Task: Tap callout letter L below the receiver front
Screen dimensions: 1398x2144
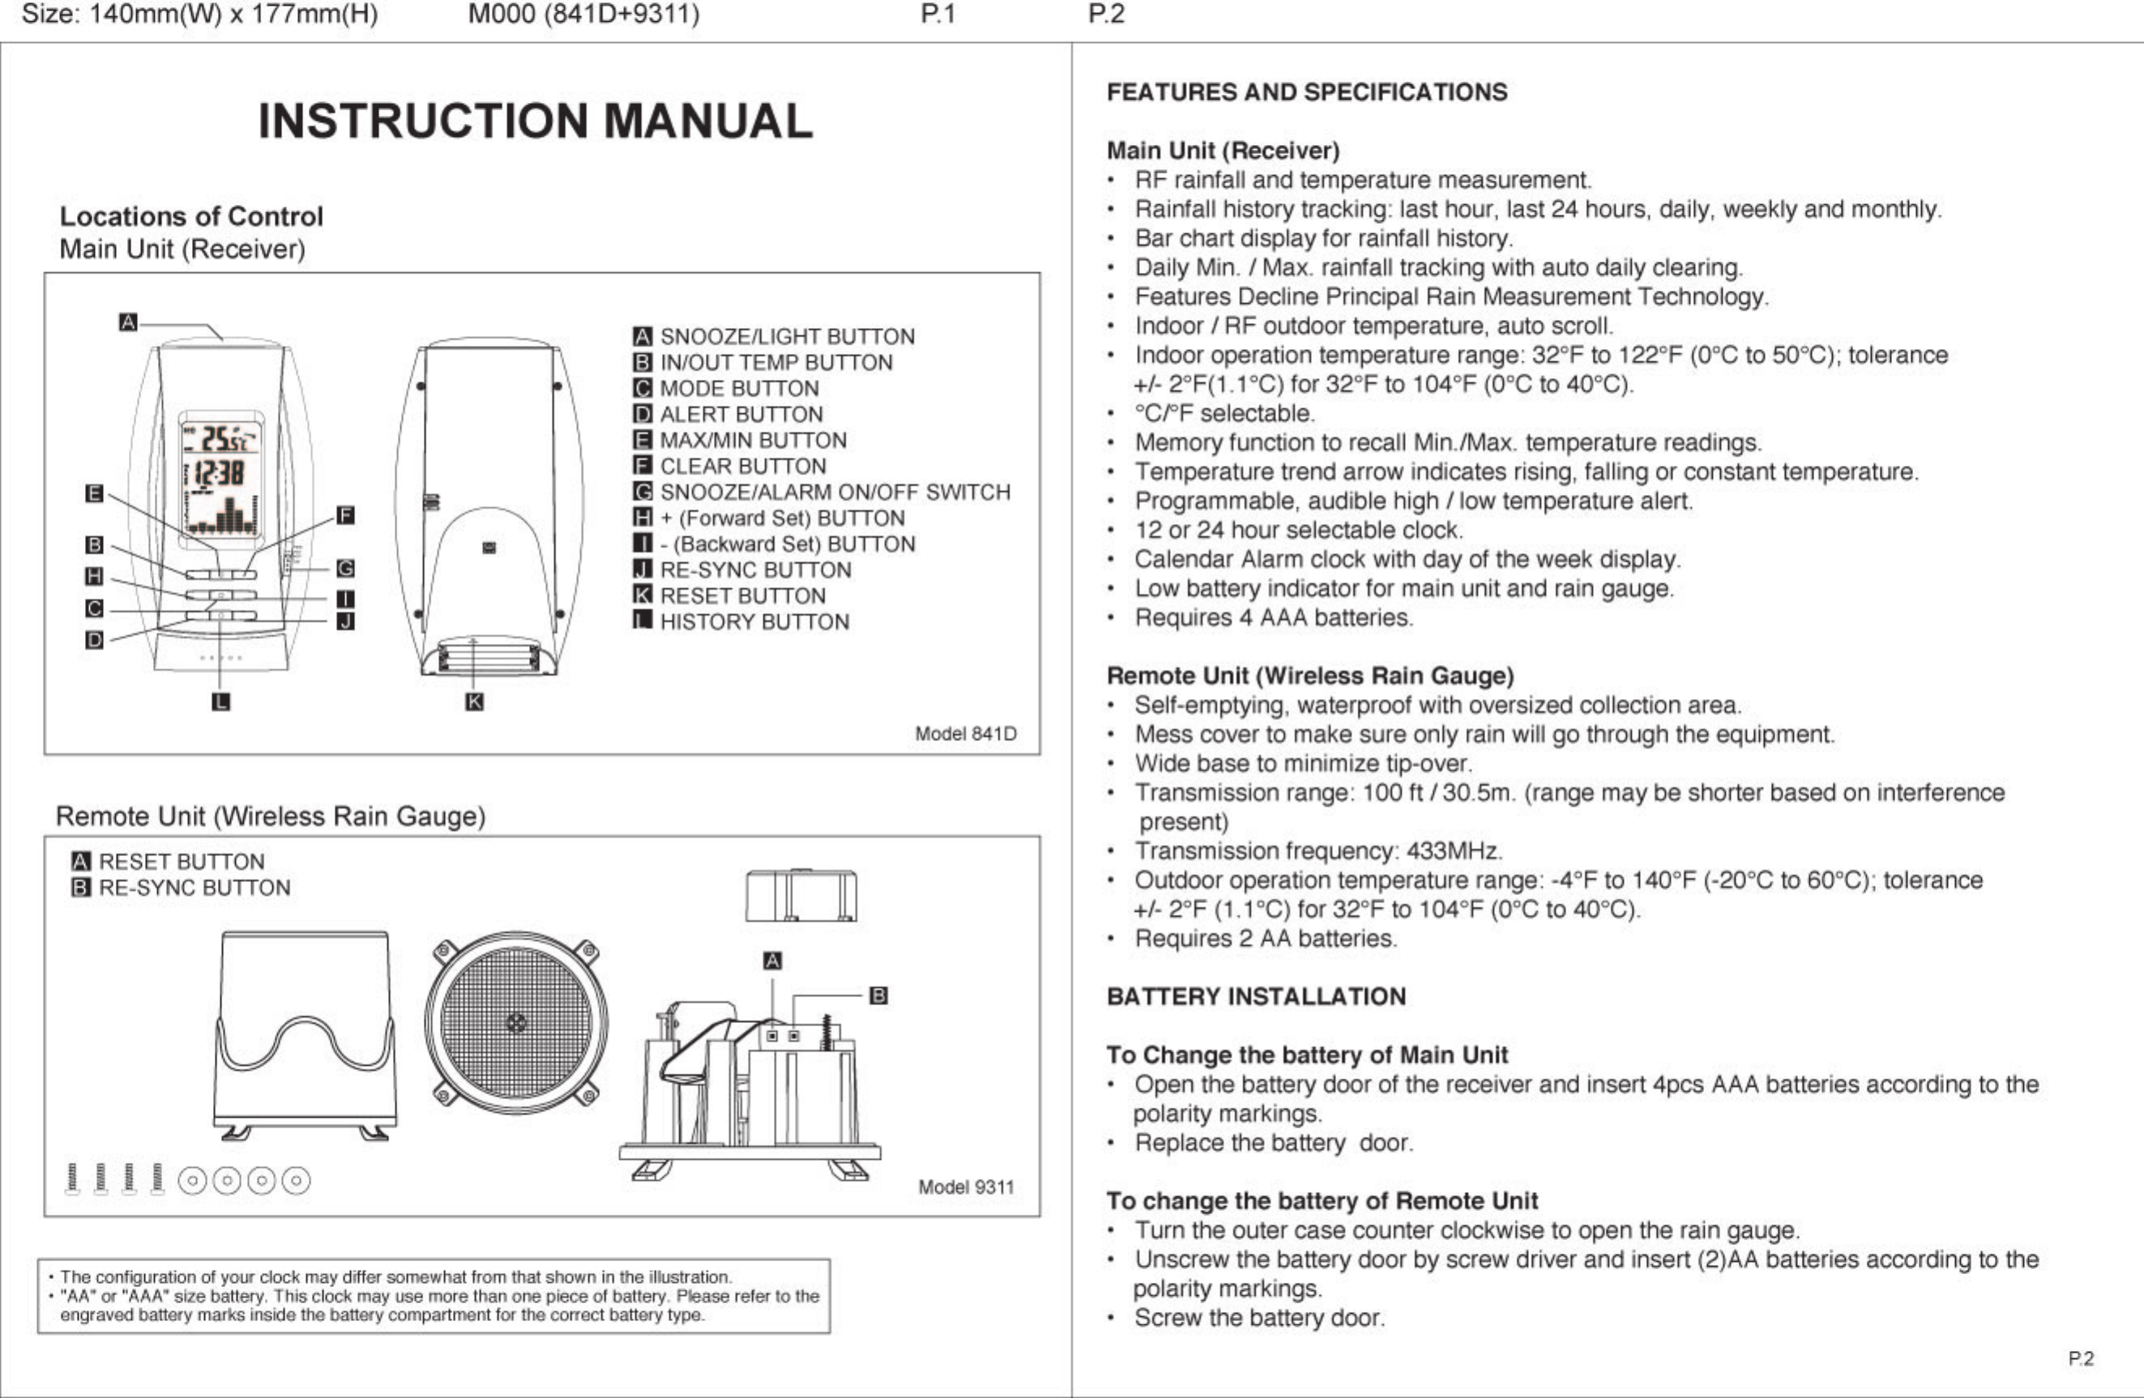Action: point(220,701)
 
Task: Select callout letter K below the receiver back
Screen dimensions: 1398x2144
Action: point(475,701)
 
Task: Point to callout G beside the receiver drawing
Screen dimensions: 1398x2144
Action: point(345,569)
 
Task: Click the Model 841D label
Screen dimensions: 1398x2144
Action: point(966,734)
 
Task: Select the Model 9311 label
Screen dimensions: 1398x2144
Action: point(966,1187)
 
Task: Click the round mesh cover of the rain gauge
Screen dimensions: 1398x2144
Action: point(516,1022)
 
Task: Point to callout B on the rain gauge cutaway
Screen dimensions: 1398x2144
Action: point(878,995)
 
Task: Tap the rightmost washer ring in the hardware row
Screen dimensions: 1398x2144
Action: point(296,1180)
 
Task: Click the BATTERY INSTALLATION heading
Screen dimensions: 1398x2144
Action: point(1256,997)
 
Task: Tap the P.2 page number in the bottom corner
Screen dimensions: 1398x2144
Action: point(2081,1359)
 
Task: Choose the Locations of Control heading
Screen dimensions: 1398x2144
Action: point(191,217)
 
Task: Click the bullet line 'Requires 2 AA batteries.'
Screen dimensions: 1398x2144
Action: point(1266,939)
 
